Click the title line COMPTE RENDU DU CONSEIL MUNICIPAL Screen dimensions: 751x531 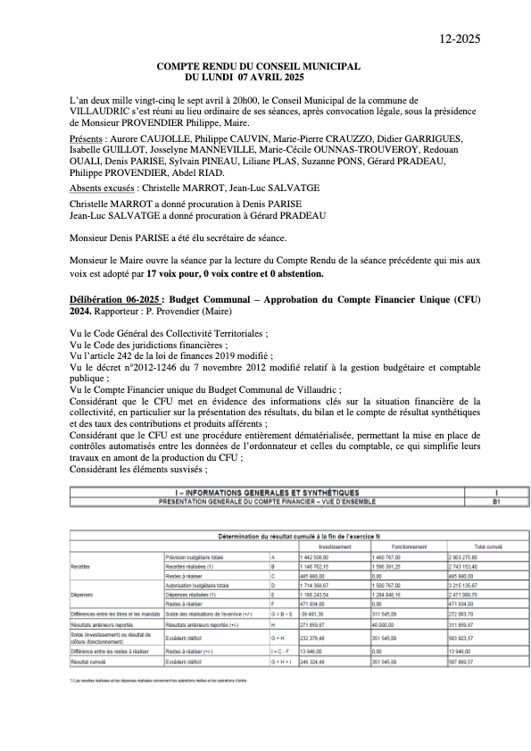(x=258, y=66)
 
